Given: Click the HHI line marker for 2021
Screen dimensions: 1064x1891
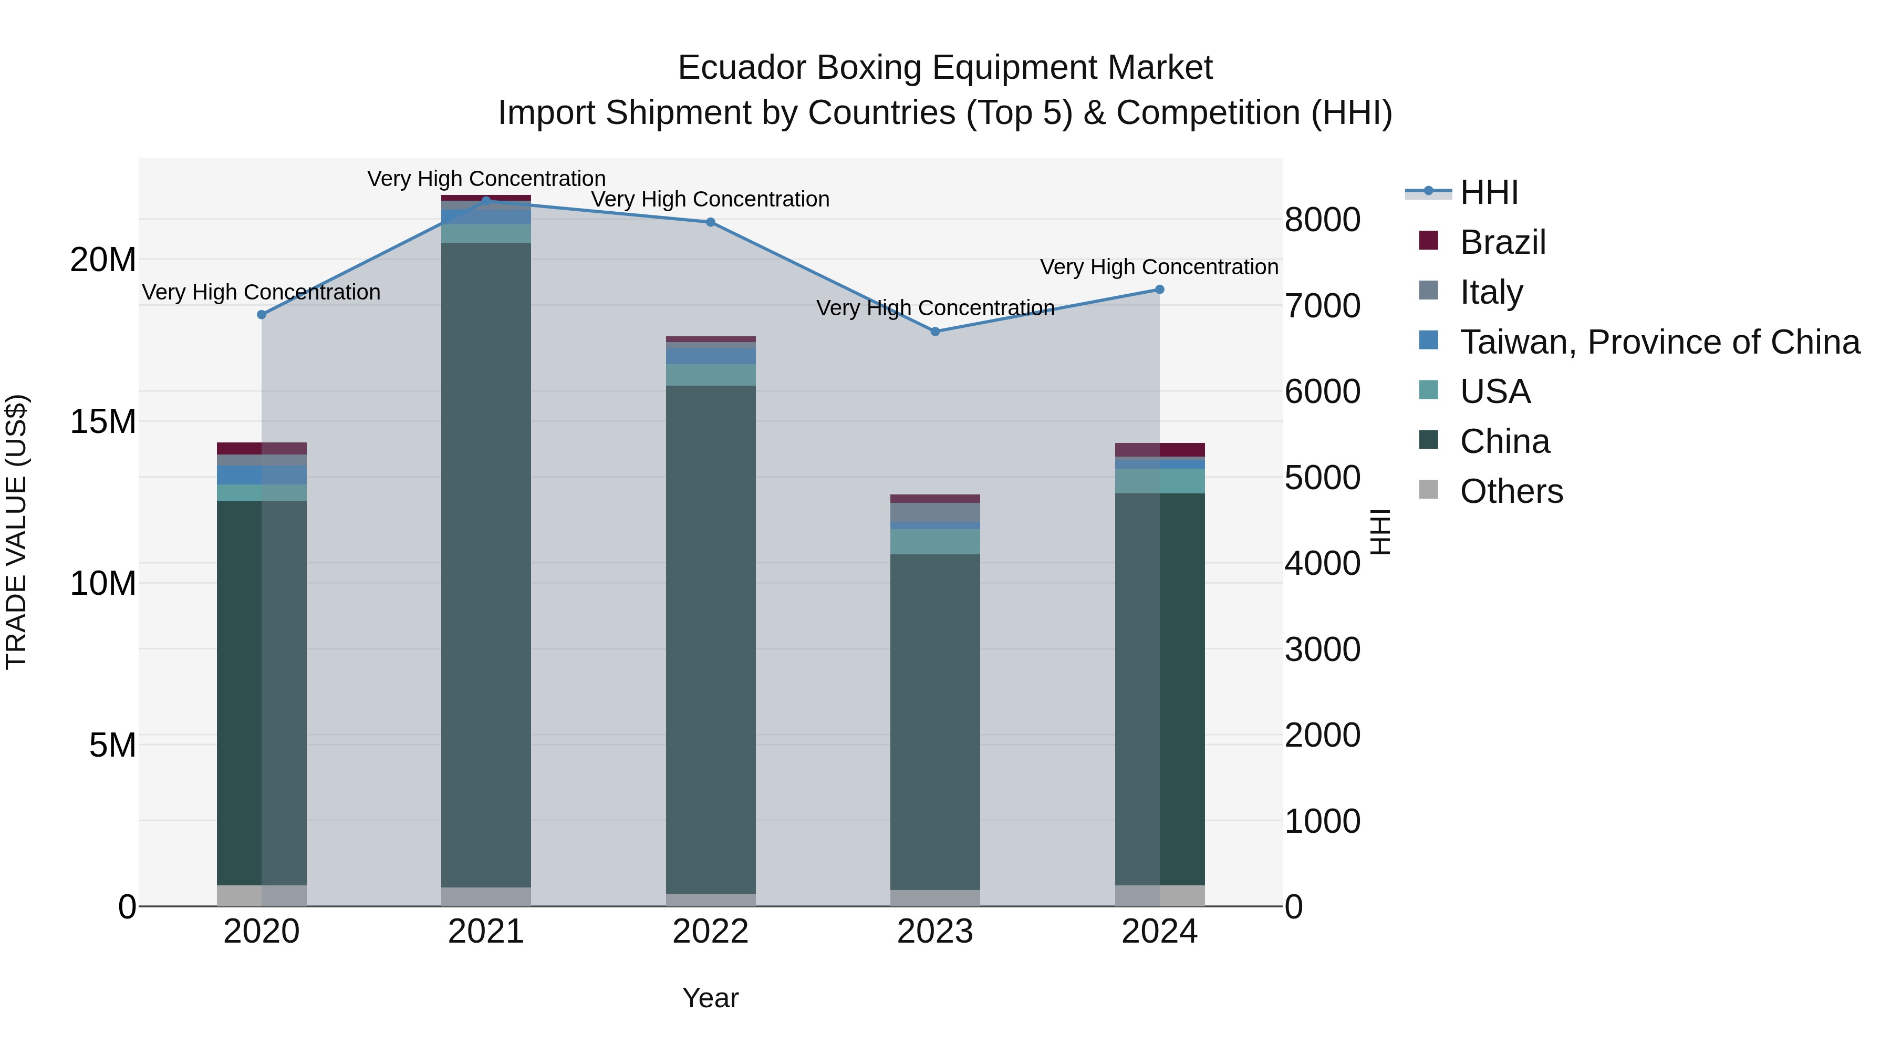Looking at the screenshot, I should (x=486, y=201).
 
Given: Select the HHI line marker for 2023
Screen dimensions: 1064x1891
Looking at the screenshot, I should (x=935, y=332).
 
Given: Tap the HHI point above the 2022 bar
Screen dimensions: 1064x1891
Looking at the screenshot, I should (x=711, y=222).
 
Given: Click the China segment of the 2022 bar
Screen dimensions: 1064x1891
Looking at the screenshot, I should (x=711, y=639).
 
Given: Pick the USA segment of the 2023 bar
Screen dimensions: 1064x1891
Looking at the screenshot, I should (x=935, y=542).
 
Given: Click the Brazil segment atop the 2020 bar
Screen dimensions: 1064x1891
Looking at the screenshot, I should (x=262, y=449).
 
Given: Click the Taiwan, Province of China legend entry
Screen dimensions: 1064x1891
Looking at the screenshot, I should (x=1659, y=342).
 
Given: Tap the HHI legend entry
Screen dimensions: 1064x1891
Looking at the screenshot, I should (x=1489, y=192).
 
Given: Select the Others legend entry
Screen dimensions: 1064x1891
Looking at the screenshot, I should (x=1511, y=491).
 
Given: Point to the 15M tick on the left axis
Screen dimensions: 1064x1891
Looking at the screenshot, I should (x=103, y=421).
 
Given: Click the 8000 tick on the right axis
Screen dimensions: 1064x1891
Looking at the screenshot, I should (x=1322, y=220).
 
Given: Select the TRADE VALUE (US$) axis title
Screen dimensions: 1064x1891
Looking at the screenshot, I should (x=16, y=532).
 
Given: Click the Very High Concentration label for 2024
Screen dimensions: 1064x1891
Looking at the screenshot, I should (x=1159, y=267).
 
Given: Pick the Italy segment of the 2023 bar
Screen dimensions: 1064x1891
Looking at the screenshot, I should (x=935, y=512).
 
